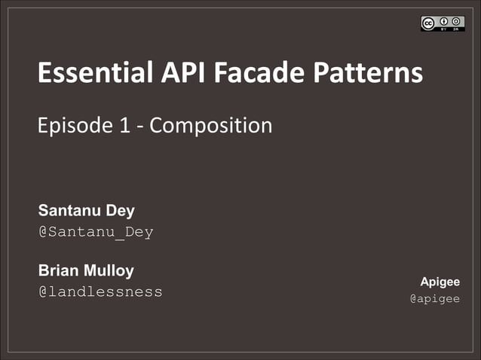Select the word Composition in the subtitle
click(x=210, y=125)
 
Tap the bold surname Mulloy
click(x=112, y=270)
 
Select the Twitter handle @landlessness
click(x=100, y=291)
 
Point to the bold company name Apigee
click(x=440, y=282)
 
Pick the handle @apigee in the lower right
click(x=434, y=298)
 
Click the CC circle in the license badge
click(x=428, y=23)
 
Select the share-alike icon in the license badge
click(x=458, y=20)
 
